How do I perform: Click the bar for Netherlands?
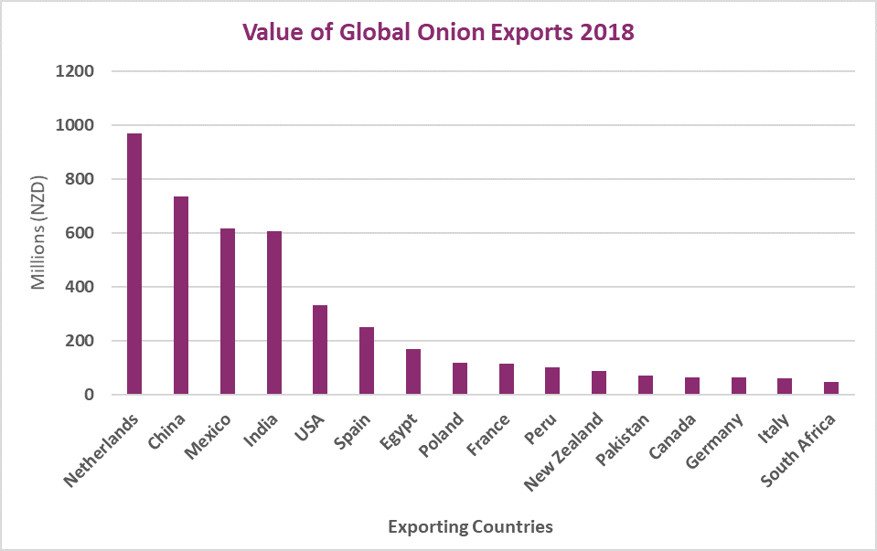(134, 264)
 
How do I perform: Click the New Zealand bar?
(599, 383)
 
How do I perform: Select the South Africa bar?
(831, 388)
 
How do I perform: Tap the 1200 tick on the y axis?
(76, 71)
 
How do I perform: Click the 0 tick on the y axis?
(90, 395)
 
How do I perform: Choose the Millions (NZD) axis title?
(38, 233)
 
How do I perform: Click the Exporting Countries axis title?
(470, 527)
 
